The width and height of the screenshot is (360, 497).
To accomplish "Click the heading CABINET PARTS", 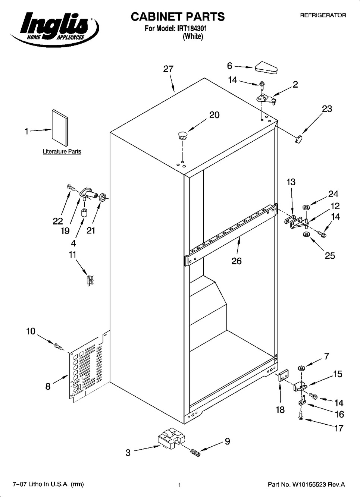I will click(x=177, y=16).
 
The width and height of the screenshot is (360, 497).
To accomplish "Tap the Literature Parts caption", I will click(x=62, y=152).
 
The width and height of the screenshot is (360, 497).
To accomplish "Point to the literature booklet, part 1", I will click(x=60, y=128).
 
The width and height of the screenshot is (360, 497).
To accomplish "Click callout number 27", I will click(x=168, y=69).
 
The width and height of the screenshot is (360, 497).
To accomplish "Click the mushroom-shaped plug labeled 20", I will click(x=182, y=135).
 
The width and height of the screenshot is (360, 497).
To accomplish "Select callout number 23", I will click(x=327, y=109).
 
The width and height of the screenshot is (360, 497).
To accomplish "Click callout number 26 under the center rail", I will click(x=237, y=261).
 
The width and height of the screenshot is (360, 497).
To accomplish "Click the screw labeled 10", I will click(x=57, y=346).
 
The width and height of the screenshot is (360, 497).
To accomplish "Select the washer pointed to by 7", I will click(x=301, y=368).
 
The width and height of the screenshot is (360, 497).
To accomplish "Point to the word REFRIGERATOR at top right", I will click(x=323, y=15).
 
